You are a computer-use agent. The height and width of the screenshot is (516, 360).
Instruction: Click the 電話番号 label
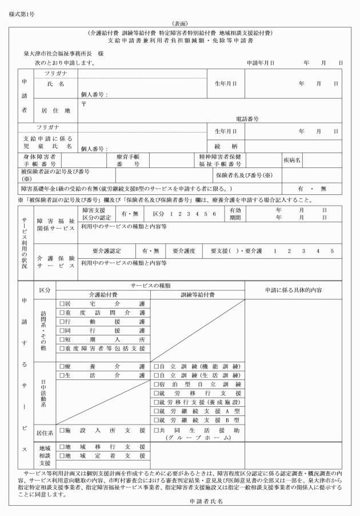coord(247,119)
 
